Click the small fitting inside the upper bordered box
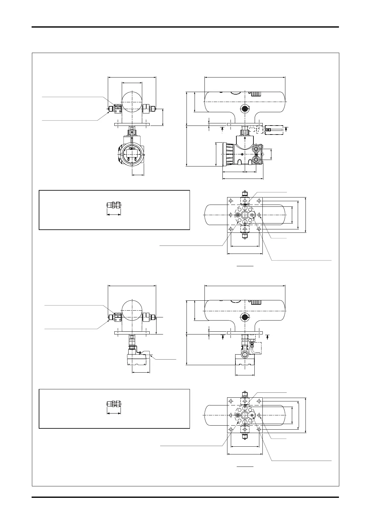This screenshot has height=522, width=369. pos(113,205)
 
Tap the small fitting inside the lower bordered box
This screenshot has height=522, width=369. pos(113,404)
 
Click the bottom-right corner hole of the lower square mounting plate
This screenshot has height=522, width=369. pos(259,430)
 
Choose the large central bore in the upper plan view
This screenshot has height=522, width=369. pos(245,215)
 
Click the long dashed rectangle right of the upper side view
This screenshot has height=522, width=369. pos(274,130)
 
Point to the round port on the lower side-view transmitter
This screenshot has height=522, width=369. pos(245,355)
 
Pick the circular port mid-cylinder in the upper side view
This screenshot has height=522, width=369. pos(245,108)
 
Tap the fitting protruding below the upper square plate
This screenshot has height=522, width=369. pos(245,236)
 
